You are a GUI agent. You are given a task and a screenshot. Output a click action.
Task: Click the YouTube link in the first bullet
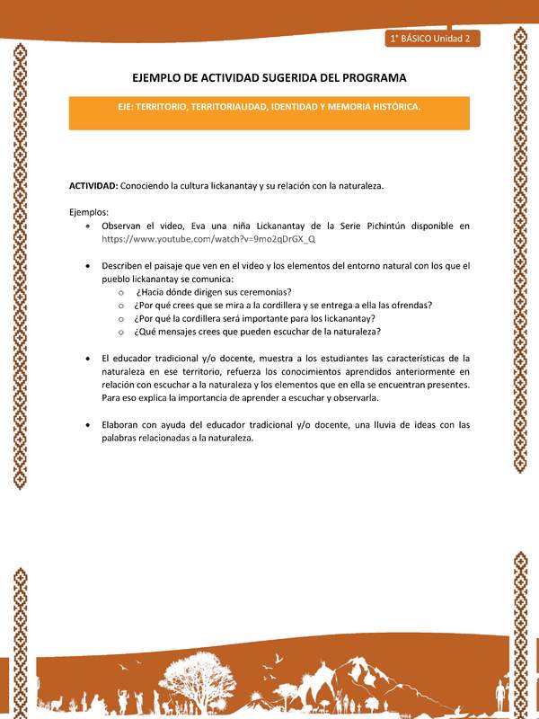208,240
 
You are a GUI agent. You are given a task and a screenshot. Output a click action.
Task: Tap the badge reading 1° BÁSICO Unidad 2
434,39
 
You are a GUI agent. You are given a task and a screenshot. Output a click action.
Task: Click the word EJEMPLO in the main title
166,78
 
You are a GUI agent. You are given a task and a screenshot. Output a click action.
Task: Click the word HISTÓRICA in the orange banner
392,106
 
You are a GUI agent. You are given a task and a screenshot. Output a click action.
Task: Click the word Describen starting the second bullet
124,266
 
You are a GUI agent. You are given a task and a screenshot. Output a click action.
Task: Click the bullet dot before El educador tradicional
86,359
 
